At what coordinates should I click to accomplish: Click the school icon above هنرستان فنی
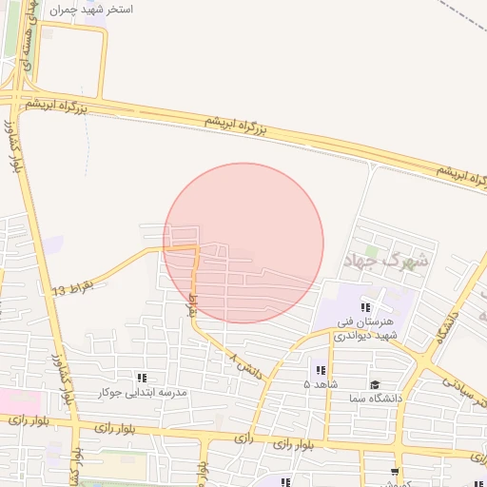[x=367, y=307]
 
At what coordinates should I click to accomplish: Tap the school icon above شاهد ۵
[x=320, y=369]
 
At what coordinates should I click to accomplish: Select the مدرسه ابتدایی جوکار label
[x=143, y=392]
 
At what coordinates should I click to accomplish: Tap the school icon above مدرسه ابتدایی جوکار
[x=143, y=378]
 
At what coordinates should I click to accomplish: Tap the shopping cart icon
[x=395, y=472]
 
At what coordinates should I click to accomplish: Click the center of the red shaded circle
[x=243, y=243]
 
